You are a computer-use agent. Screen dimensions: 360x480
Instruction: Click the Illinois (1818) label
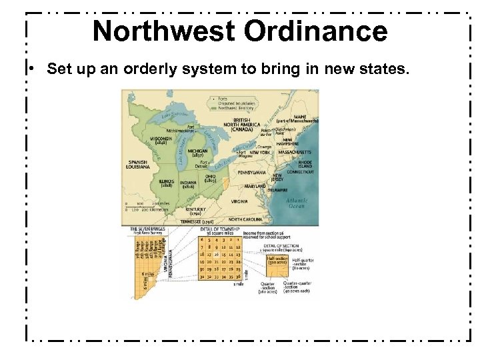(167, 183)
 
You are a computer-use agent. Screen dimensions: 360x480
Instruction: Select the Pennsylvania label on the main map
(247, 171)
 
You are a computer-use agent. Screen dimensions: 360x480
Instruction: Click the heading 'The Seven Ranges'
(147, 229)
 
